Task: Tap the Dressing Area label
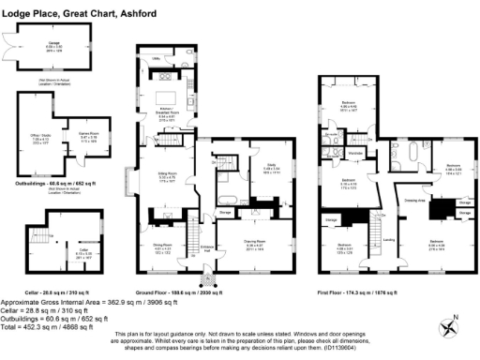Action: (x=417, y=200)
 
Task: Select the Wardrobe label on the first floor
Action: (x=355, y=151)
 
